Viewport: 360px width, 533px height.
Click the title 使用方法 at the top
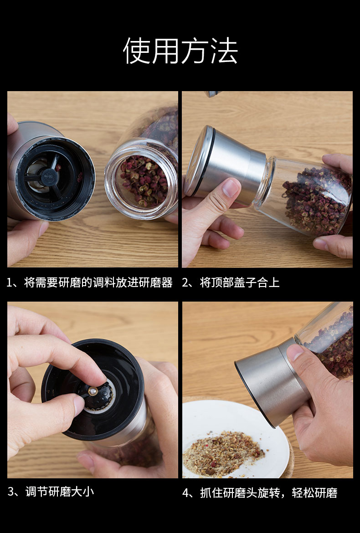click(180, 51)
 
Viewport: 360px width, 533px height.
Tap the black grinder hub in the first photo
click(46, 174)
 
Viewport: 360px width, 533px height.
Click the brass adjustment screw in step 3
click(93, 391)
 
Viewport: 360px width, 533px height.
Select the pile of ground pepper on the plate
click(223, 453)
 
